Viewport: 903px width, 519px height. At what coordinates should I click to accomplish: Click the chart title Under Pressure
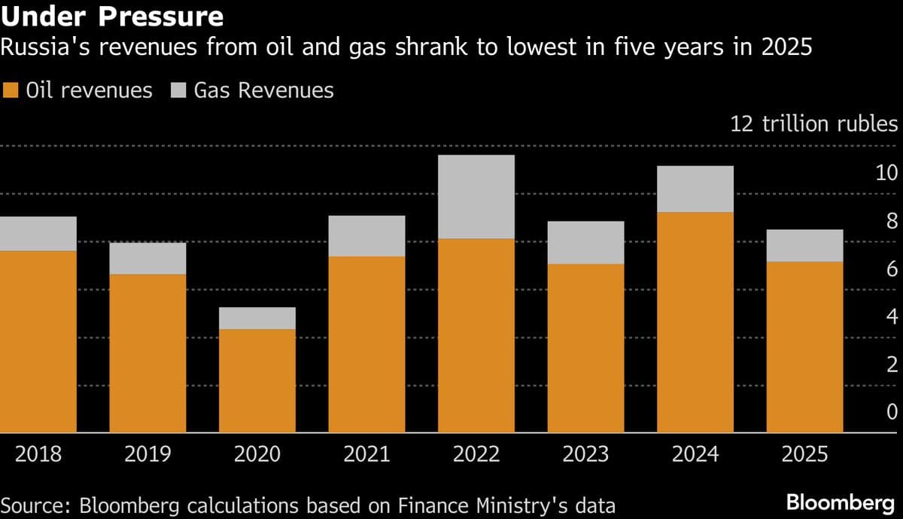point(112,16)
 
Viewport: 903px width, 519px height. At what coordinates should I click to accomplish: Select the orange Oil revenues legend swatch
point(10,91)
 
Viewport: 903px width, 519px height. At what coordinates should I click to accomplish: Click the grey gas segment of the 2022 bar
point(476,197)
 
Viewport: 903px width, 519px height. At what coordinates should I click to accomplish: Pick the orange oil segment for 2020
point(257,380)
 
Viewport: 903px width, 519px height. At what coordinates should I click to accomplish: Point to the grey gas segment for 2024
point(695,189)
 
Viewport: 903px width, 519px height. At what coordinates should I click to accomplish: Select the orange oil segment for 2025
point(805,347)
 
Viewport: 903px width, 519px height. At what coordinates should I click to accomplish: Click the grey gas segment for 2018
point(38,234)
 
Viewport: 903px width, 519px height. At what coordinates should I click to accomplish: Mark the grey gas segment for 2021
point(366,236)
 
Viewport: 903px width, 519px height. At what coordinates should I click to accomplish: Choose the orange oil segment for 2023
point(585,348)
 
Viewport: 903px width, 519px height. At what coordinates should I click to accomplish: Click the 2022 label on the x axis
point(476,454)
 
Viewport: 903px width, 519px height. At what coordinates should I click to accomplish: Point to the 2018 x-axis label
point(38,454)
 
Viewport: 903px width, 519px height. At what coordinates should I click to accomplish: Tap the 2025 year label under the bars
point(804,454)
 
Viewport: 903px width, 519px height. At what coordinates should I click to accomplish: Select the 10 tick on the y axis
point(886,173)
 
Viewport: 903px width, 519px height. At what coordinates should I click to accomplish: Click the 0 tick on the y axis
point(892,412)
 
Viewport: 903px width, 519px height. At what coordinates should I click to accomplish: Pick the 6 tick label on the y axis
point(892,269)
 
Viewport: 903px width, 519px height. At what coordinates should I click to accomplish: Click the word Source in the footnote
point(31,505)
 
